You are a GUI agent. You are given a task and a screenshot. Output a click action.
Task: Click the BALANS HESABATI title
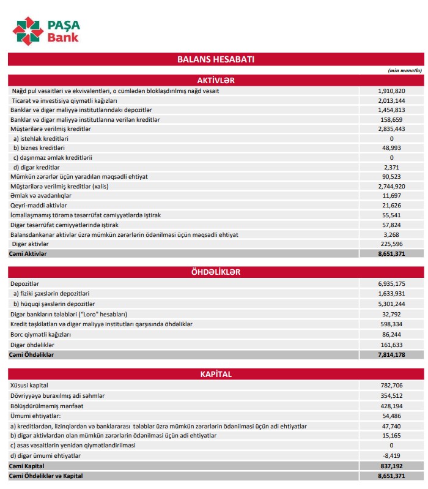click(x=215, y=59)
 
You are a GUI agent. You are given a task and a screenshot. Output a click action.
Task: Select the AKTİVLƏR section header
click(x=215, y=80)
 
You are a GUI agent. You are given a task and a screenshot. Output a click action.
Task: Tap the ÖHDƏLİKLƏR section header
click(x=215, y=272)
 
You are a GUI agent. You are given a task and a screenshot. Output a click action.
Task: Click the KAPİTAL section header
click(x=215, y=373)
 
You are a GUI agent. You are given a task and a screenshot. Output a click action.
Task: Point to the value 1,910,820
click(x=392, y=91)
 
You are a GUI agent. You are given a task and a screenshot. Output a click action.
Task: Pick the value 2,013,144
click(x=392, y=100)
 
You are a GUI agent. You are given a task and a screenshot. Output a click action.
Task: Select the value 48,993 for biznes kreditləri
click(x=392, y=147)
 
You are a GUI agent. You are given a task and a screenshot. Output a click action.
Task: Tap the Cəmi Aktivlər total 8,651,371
click(x=392, y=253)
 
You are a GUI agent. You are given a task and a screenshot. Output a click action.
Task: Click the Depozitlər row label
click(x=25, y=284)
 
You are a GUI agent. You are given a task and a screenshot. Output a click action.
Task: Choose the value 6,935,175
click(x=392, y=284)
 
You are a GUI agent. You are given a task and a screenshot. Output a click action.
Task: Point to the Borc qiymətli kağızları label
click(x=41, y=335)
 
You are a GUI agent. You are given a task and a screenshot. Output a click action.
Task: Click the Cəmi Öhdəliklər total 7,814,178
click(x=392, y=354)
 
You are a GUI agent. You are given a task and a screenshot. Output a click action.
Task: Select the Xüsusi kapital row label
click(x=29, y=385)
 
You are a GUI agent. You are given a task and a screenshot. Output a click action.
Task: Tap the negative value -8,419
click(x=392, y=455)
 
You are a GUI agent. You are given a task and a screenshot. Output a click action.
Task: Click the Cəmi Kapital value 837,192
click(x=392, y=466)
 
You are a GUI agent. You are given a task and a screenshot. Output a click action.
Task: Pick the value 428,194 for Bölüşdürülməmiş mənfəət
click(x=392, y=405)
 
